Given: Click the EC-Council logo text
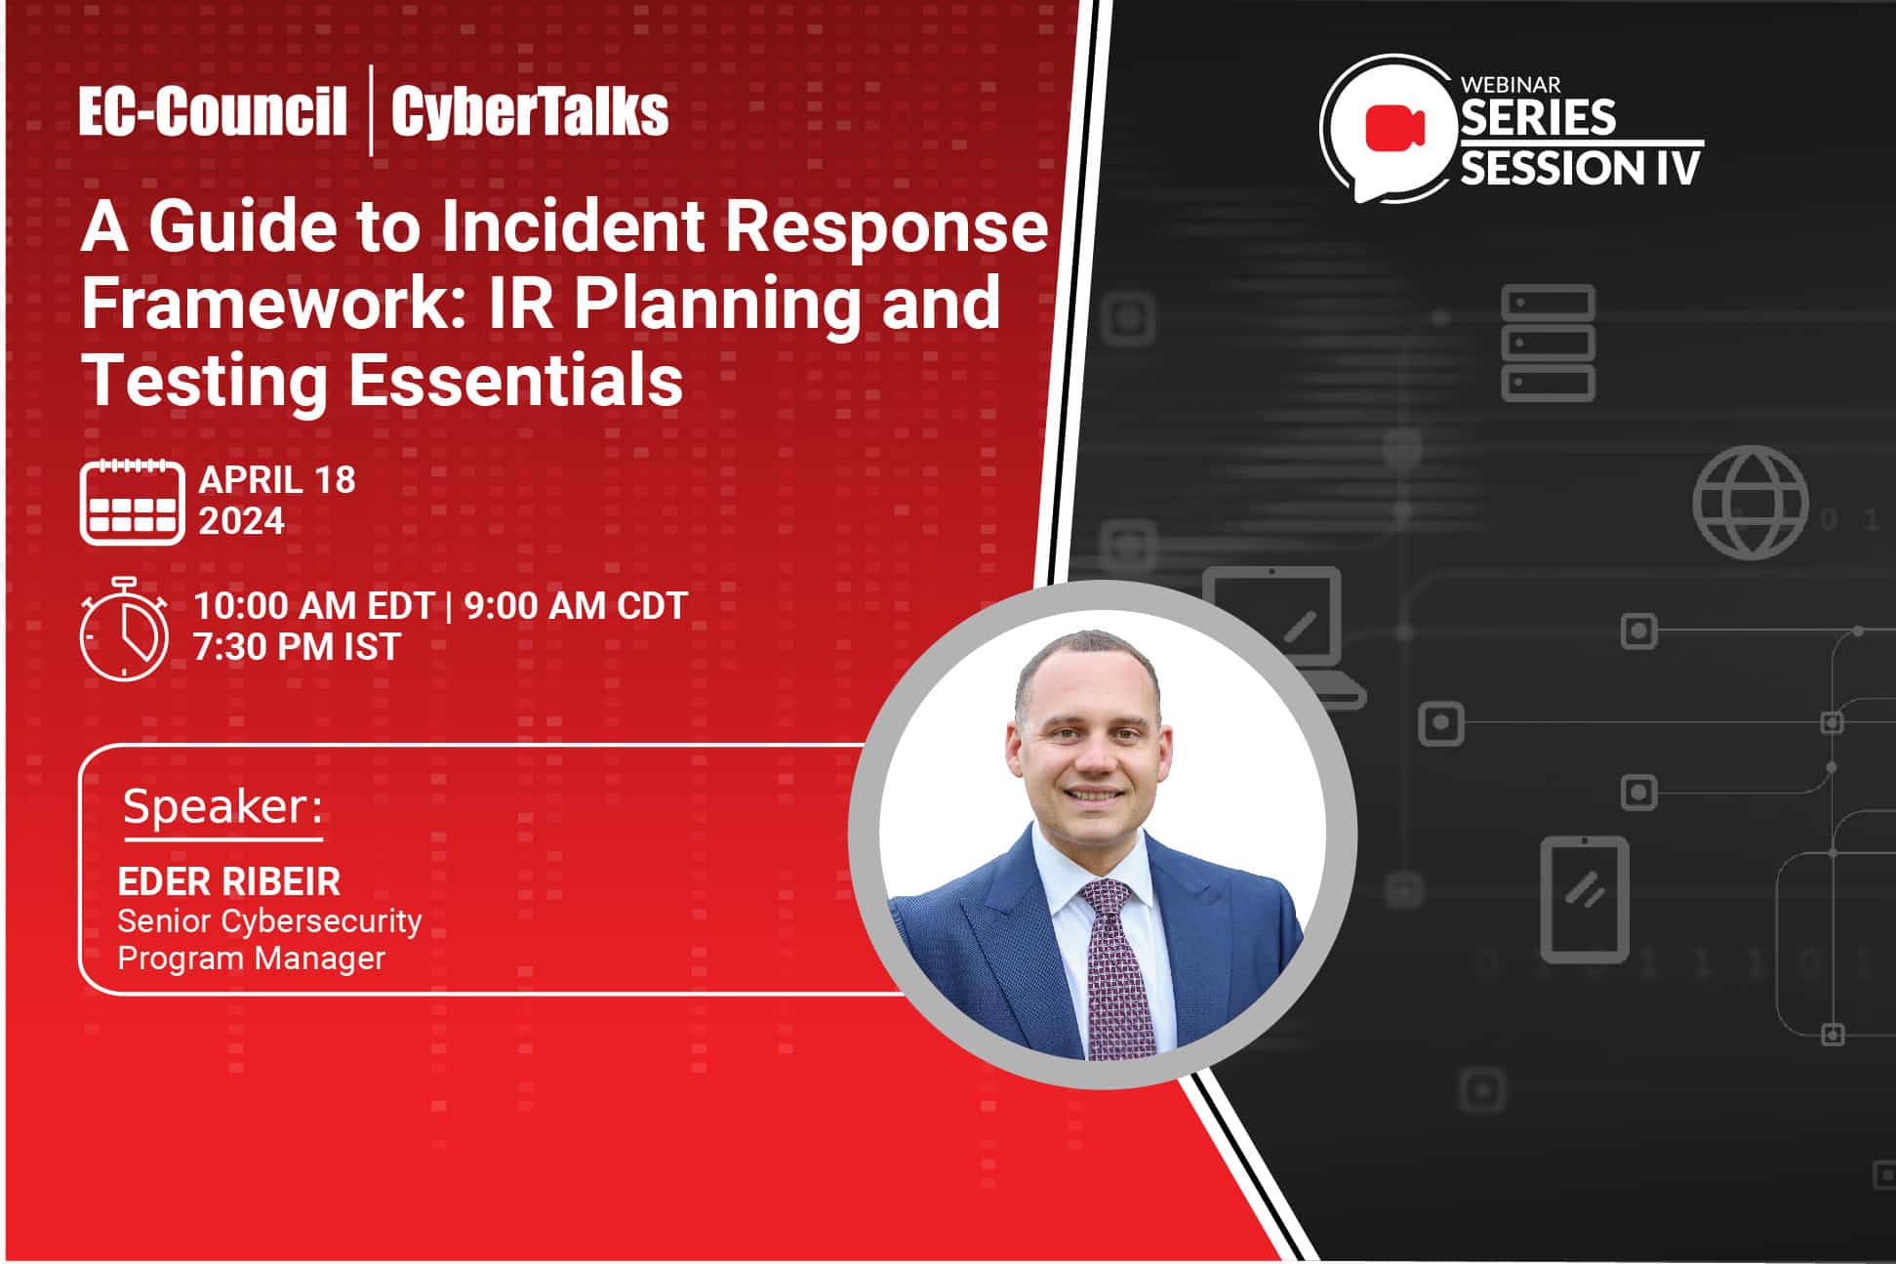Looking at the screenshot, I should (213, 111).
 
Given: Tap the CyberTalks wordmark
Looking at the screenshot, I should (530, 111).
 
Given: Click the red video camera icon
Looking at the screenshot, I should (1394, 128).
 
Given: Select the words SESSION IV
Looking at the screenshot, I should (1580, 168).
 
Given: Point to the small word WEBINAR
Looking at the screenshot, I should (1511, 85).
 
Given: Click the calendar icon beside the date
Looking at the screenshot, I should (132, 501).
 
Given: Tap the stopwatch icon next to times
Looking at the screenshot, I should (124, 630).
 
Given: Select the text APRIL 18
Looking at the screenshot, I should (277, 480).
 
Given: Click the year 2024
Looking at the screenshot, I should (242, 521).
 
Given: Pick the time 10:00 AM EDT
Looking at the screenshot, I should (313, 606).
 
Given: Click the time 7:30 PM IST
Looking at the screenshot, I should (297, 647).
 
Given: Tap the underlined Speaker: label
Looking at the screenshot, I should (222, 808).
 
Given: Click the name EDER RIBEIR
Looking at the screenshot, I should (228, 882).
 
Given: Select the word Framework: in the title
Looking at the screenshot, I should (265, 303).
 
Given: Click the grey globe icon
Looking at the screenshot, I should (1750, 503).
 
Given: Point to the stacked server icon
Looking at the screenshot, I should (1548, 344).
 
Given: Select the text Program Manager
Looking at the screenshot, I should (252, 958).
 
